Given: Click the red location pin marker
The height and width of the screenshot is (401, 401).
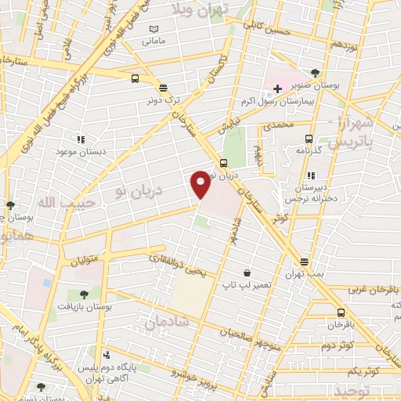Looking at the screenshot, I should pyautogui.click(x=200, y=184).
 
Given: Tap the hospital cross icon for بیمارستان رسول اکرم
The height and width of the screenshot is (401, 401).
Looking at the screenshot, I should pyautogui.click(x=277, y=89).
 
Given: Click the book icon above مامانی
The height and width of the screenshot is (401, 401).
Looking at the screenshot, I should pyautogui.click(x=154, y=30).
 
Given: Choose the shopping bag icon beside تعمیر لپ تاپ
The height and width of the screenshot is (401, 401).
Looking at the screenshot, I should pyautogui.click(x=247, y=273).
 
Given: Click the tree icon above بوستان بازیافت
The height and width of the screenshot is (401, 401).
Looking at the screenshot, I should pyautogui.click(x=84, y=294).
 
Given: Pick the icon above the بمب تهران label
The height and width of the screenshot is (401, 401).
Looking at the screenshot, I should pyautogui.click(x=304, y=262).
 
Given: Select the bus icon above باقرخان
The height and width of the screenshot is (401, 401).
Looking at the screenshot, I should pyautogui.click(x=337, y=311).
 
